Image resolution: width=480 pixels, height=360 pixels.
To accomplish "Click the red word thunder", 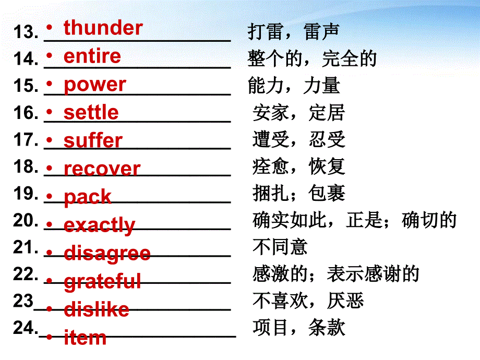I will tap(103, 28).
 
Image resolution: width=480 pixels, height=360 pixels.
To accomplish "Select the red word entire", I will tap(92, 56).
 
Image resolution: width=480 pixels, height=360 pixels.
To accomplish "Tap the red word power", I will tap(94, 85).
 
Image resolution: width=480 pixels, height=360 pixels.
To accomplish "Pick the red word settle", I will tap(91, 113).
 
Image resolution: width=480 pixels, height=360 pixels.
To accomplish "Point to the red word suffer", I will tap(93, 141).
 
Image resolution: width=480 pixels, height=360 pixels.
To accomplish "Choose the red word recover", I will tap(102, 169).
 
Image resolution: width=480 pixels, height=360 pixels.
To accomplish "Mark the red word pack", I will tap(87, 197).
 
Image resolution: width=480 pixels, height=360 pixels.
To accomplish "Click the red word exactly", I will tap(99, 225).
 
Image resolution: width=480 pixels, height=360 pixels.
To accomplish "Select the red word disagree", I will tap(107, 254).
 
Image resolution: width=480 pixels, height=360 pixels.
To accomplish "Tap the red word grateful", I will tap(102, 282).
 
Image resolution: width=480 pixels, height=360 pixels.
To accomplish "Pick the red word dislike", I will tap(96, 310).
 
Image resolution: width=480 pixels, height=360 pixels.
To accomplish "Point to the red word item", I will tap(85, 338).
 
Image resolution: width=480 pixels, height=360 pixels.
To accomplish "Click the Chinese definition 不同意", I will tap(280, 247).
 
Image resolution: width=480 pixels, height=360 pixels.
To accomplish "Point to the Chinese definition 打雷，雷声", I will tap(293, 32).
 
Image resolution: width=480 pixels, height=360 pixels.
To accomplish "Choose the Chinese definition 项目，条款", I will tap(298, 328).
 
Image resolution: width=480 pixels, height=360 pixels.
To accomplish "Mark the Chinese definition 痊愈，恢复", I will tap(298, 166).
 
